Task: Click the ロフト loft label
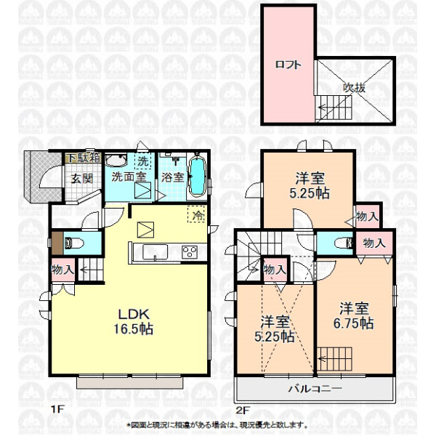click(288, 65)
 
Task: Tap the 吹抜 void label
click(354, 88)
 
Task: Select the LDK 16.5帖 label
click(134, 321)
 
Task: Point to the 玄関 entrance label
click(81, 179)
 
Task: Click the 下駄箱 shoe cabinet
click(83, 158)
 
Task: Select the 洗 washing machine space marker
click(143, 161)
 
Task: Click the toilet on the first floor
click(73, 243)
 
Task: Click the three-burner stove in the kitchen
click(190, 252)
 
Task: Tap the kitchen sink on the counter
click(155, 252)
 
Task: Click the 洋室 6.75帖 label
click(354, 315)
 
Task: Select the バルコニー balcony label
click(315, 389)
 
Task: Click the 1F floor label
click(57, 409)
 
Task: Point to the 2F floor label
click(243, 410)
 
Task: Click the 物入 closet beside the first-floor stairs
click(63, 270)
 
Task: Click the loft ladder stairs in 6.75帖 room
click(334, 359)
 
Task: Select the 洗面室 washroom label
click(129, 177)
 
